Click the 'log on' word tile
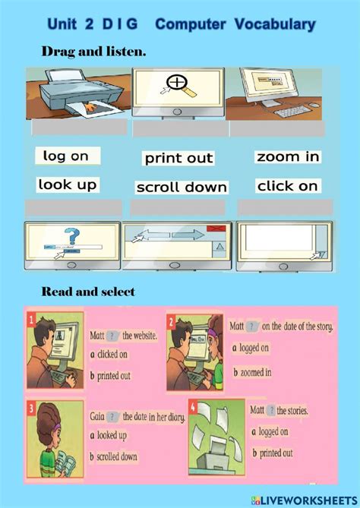66,156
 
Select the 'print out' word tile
179,159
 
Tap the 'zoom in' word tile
288,157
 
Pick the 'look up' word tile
66,185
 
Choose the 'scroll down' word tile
182,187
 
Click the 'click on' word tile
288,186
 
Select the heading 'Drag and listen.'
93,52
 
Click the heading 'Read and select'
88,292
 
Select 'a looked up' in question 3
109,435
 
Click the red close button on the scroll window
217,228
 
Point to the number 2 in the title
90,24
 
